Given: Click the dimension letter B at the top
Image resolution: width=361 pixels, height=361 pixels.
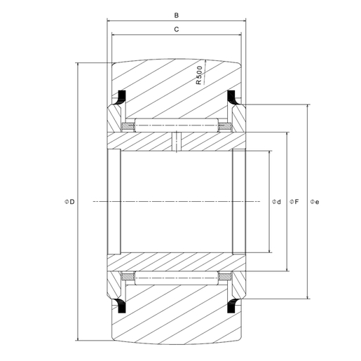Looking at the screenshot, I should pos(177,13).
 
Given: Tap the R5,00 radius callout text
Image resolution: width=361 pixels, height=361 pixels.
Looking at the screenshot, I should pos(199,74).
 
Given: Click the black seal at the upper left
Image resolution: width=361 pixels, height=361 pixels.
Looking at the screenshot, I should pos(119,97).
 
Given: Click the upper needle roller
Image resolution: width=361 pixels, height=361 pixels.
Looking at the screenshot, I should pos(176,126).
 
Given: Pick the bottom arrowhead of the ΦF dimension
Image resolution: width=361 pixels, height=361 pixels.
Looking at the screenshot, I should pos(288,269).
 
